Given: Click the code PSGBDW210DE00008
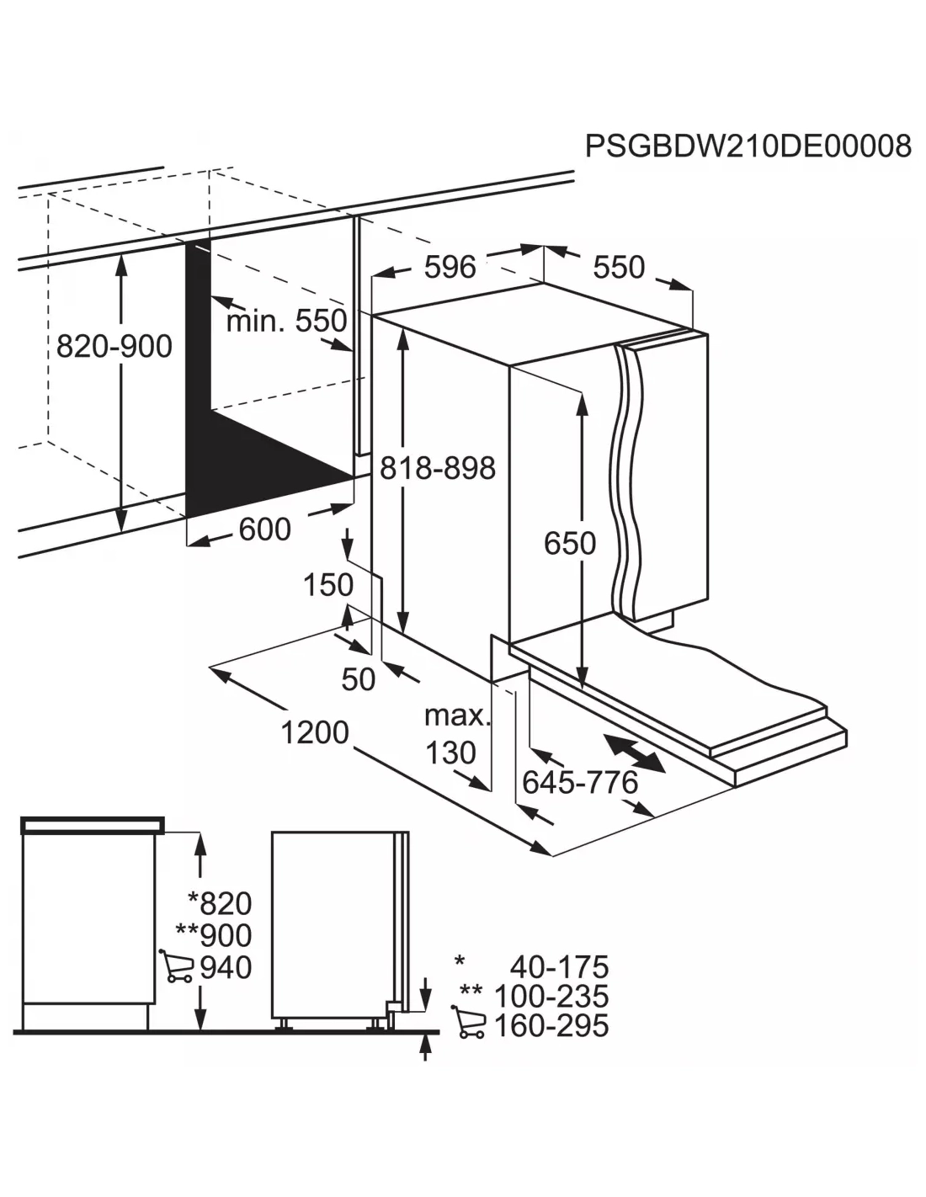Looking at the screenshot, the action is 748,146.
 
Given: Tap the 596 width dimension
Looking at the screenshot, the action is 450,267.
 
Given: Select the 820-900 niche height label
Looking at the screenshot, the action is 114,347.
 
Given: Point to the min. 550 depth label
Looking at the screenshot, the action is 286,321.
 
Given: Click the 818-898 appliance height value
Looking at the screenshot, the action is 438,468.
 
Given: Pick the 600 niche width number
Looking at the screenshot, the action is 264,529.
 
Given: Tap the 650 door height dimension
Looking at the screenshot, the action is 570,543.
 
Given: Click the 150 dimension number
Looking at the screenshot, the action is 327,585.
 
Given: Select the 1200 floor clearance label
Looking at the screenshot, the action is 315,732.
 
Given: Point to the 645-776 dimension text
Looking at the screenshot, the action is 579,783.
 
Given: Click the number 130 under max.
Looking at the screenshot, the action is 450,753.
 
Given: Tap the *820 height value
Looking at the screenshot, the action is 220,903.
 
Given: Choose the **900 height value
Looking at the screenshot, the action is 214,935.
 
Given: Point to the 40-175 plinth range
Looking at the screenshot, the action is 559,967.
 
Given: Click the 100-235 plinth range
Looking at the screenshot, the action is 551,997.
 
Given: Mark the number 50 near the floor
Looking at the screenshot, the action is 358,678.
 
